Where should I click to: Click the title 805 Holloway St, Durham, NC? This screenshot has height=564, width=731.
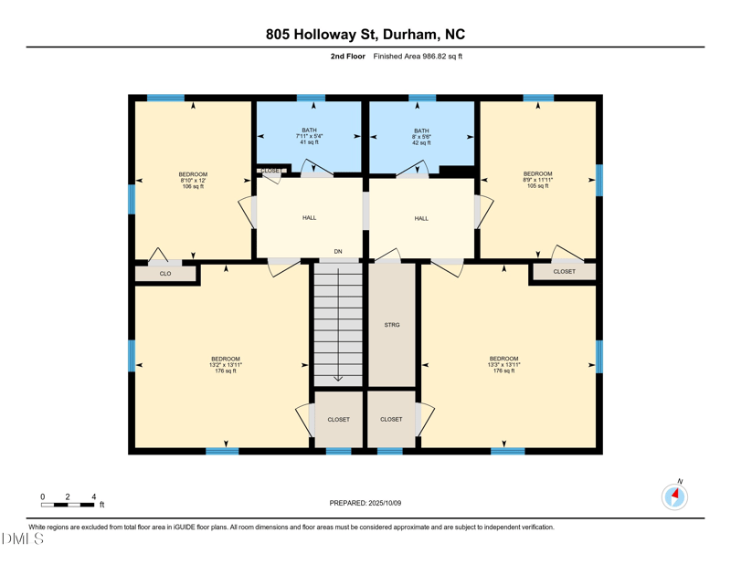tap(365, 35)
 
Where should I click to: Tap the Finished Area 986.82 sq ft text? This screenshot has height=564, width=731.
tap(418, 57)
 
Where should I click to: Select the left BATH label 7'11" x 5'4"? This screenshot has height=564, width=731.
tap(309, 136)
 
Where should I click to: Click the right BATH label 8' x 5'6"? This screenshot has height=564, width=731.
tap(420, 136)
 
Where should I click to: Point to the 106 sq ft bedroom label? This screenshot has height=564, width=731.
tap(193, 180)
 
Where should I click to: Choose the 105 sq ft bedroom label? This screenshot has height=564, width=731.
tap(537, 180)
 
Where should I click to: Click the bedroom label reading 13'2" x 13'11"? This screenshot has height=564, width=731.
tap(226, 364)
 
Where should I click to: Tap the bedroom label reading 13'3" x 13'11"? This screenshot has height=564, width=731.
tap(503, 364)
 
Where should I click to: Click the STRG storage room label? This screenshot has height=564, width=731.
tap(391, 325)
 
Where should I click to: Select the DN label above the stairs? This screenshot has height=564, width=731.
tap(338, 251)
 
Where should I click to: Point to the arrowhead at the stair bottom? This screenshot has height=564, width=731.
tap(338, 378)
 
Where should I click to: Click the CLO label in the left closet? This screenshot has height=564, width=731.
tap(165, 274)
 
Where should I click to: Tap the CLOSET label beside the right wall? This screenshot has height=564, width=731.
tap(564, 271)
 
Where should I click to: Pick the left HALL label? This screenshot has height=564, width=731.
tap(309, 218)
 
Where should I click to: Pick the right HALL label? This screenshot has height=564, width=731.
tap(420, 218)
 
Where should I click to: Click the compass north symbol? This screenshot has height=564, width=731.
tap(674, 496)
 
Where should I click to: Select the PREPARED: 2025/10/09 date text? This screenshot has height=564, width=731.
tap(365, 503)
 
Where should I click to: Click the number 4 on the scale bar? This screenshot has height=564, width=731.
tap(93, 496)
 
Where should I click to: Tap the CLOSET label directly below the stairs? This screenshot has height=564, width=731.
tap(338, 419)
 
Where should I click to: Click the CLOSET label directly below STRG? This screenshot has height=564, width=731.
tap(391, 419)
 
